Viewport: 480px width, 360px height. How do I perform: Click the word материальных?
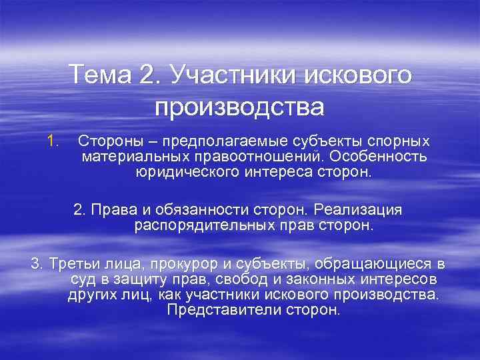click(x=131, y=157)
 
